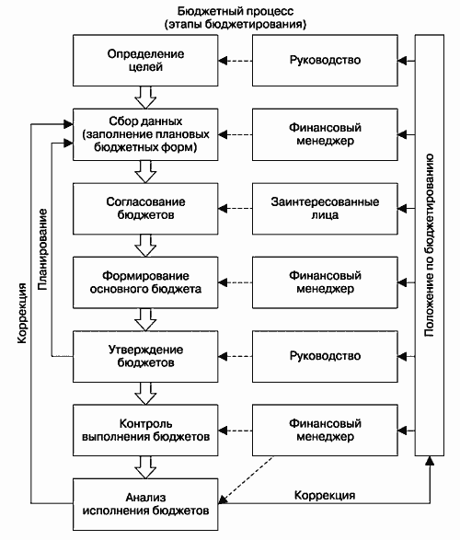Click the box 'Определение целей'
pyautogui.click(x=145, y=61)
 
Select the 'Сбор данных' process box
pyautogui.click(x=145, y=134)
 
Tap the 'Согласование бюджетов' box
pyautogui.click(x=145, y=208)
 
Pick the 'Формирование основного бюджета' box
pyautogui.click(x=145, y=282)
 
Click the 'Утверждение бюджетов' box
pyautogui.click(x=145, y=356)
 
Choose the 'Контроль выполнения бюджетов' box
pyautogui.click(x=145, y=431)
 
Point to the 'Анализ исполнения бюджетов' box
pyautogui.click(x=145, y=504)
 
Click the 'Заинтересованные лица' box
pyautogui.click(x=325, y=208)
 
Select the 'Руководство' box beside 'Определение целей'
pyautogui.click(x=325, y=61)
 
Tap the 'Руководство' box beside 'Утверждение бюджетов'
pyautogui.click(x=325, y=356)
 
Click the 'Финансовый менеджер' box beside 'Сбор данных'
pyautogui.click(x=325, y=134)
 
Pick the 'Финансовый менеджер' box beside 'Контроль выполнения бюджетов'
pyautogui.click(x=325, y=431)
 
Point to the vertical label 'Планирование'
pyautogui.click(x=42, y=249)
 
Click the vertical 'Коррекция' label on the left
pyautogui.click(x=22, y=313)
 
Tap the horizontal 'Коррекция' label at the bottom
pyautogui.click(x=325, y=495)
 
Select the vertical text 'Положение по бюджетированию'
pyautogui.click(x=429, y=246)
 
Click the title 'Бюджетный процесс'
pyautogui.click(x=236, y=11)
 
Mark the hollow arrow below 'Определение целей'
pyautogui.click(x=145, y=98)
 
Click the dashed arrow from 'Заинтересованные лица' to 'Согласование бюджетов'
pyautogui.click(x=236, y=208)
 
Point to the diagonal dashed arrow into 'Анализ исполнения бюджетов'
pyautogui.click(x=247, y=480)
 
